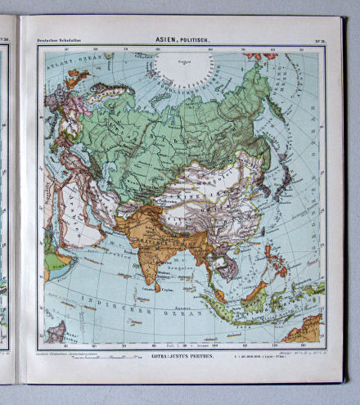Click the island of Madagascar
pos(56,332)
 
